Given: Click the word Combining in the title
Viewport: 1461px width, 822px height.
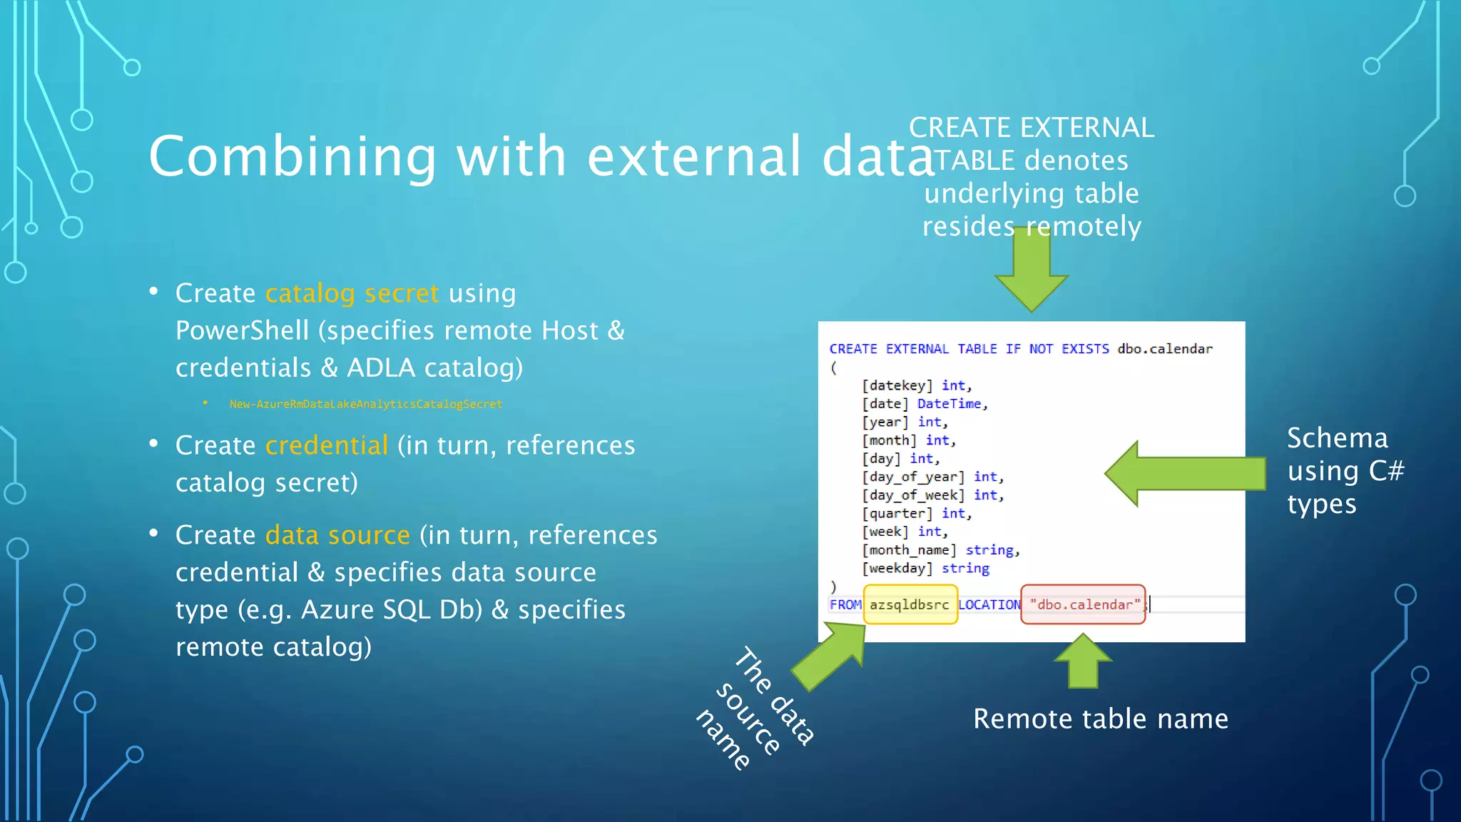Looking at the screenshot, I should (292, 157).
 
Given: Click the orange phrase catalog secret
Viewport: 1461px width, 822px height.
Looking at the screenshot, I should (352, 293).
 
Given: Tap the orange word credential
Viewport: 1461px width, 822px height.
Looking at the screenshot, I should (326, 445).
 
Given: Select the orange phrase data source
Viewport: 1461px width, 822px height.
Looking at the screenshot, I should (337, 535).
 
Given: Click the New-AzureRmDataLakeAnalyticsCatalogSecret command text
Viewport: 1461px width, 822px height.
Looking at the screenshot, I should (365, 404).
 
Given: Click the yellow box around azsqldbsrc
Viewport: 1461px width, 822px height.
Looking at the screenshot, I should (910, 604).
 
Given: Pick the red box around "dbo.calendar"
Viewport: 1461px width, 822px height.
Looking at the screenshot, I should (1082, 604).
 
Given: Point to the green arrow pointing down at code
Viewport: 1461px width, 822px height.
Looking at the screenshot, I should (1031, 275).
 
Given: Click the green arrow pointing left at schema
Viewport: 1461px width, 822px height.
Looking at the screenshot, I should (1184, 474).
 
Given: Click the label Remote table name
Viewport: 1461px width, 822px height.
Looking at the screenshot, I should (1100, 719).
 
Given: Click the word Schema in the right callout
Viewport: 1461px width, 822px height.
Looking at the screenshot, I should (1337, 438).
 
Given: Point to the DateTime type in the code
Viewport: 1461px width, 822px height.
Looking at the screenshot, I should (949, 404).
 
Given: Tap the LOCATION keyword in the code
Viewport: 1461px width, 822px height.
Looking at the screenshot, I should (989, 604).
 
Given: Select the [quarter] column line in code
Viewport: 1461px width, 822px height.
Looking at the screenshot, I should (897, 514).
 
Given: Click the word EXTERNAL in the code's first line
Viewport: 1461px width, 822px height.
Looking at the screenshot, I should (917, 349).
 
